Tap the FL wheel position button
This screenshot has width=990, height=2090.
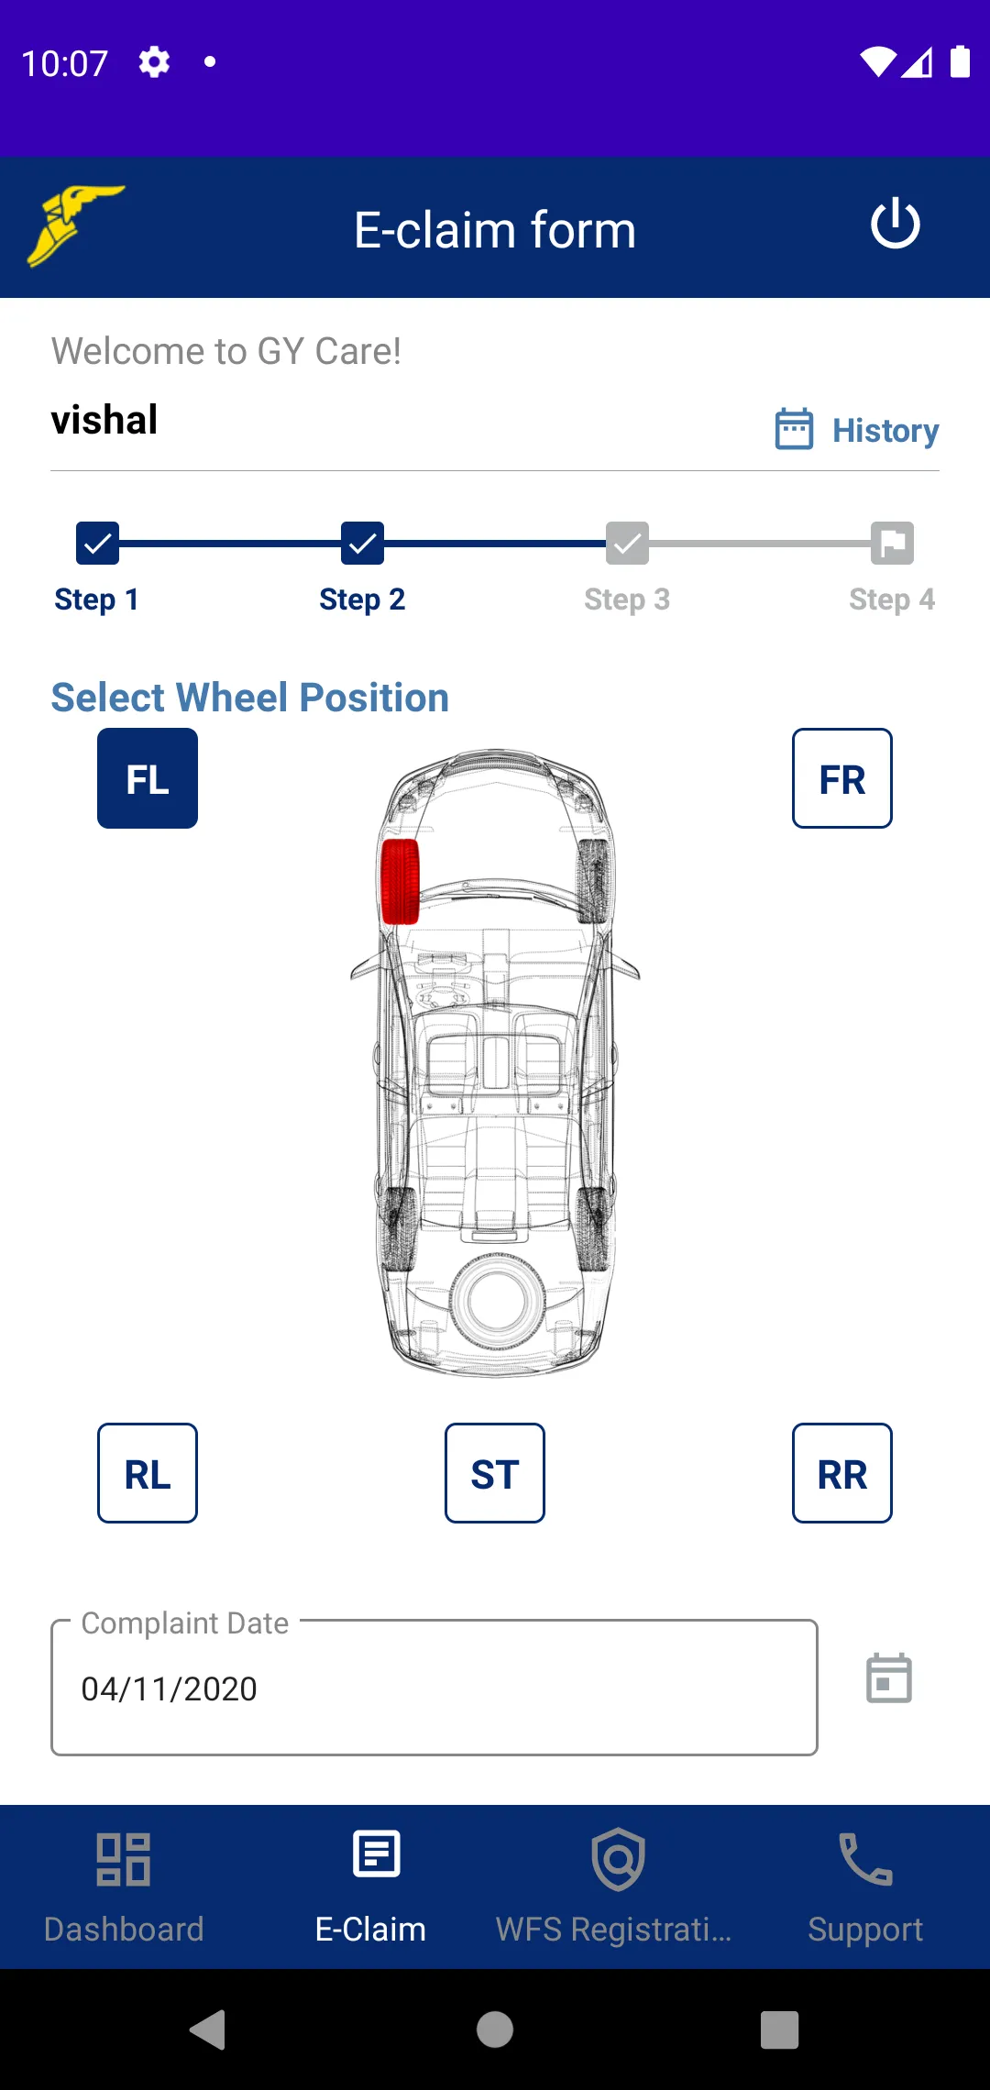pos(148,778)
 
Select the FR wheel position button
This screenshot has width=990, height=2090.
pos(842,778)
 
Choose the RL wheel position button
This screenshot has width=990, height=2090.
pos(148,1473)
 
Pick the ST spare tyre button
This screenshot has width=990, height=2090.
pos(495,1473)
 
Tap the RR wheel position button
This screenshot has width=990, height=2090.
pos(842,1473)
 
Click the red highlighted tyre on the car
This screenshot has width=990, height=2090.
pos(400,881)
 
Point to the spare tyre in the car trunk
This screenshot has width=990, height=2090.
pos(497,1301)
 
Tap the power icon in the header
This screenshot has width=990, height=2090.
pos(896,225)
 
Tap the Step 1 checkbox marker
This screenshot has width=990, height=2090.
pos(97,544)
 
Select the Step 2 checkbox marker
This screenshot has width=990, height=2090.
pos(362,544)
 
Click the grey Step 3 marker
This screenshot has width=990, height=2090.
pos(627,544)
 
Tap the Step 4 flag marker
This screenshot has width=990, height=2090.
pos(892,544)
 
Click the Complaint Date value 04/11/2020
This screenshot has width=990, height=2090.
pos(170,1688)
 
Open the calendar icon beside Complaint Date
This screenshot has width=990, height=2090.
pos(889,1678)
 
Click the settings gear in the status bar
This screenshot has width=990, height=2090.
pos(154,62)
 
